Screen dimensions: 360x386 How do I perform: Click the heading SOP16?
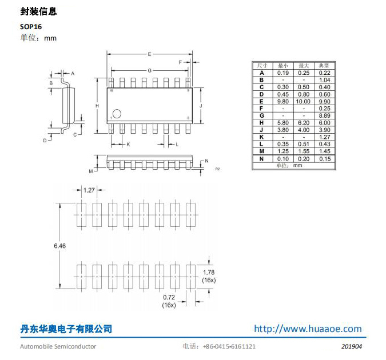31,26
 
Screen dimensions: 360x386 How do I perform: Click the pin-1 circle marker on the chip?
117,114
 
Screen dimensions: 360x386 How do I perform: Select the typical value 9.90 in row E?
324,101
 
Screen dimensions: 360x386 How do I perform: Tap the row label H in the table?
261,123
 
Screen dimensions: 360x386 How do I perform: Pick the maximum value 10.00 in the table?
304,101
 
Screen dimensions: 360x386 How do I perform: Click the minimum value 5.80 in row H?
282,123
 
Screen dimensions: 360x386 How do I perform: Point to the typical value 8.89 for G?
324,115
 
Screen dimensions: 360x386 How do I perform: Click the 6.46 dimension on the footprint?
59,245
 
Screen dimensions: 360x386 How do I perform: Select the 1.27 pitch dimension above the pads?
89,190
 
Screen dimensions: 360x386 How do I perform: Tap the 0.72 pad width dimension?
169,298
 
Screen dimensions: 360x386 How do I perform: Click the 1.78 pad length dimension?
209,272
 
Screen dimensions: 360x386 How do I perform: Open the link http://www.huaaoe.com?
308,329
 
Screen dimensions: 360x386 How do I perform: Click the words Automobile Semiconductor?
58,346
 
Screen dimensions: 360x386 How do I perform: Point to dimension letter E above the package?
149,54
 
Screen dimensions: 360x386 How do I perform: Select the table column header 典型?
324,66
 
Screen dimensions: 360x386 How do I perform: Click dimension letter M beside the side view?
90,171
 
